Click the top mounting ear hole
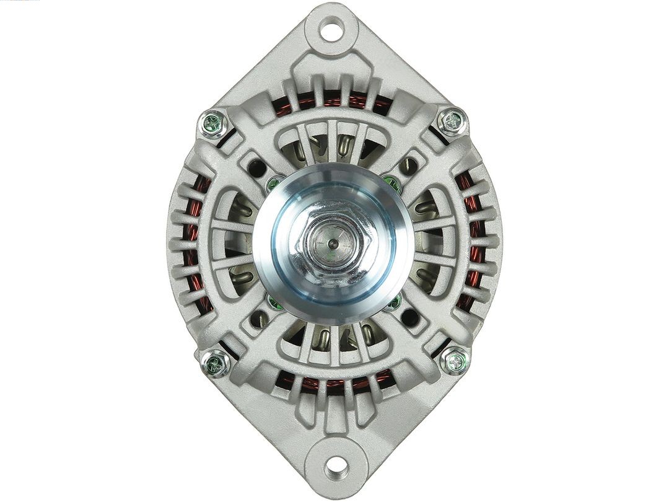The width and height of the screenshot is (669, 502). [x=332, y=29]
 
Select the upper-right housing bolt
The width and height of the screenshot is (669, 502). [x=452, y=121]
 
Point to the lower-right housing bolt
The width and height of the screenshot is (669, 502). [x=455, y=360]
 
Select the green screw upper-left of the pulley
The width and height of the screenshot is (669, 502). [x=273, y=184]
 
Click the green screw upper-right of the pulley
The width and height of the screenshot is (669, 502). [x=391, y=182]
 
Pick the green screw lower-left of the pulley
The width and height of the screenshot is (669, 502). [x=273, y=302]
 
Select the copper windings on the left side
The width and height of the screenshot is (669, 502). [x=197, y=242]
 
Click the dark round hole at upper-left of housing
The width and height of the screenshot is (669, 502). [x=257, y=167]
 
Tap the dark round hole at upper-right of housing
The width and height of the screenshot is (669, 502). [x=409, y=165]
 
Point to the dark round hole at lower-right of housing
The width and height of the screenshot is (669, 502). [x=409, y=318]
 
